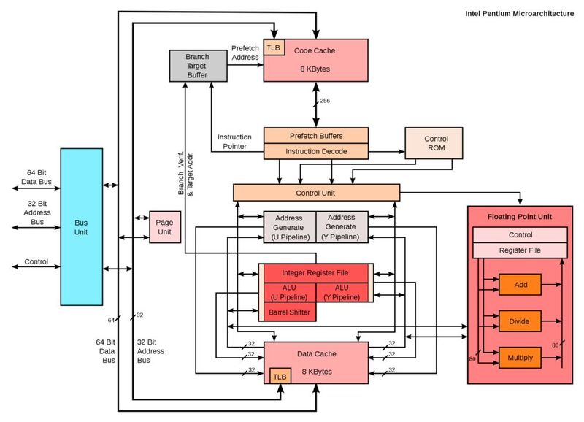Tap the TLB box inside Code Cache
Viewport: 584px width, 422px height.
pyautogui.click(x=274, y=47)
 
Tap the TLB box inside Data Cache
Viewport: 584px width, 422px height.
pyautogui.click(x=280, y=376)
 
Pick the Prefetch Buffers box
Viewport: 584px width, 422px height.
pyautogui.click(x=315, y=136)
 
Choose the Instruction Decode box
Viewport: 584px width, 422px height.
pyautogui.click(x=315, y=151)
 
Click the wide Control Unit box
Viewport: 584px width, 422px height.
pyautogui.click(x=316, y=193)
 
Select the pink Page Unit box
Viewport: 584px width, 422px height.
pyautogui.click(x=164, y=226)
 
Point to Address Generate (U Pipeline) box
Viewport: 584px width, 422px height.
pyautogui.click(x=289, y=227)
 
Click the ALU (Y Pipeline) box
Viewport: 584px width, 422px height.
pyautogui.click(x=342, y=293)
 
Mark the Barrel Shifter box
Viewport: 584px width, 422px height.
pyautogui.click(x=289, y=313)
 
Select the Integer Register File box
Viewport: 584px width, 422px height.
pyautogui.click(x=315, y=273)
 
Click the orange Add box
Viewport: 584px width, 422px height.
pyautogui.click(x=520, y=283)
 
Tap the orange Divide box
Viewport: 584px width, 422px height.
pyautogui.click(x=520, y=321)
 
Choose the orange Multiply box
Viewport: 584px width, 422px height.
pyautogui.click(x=520, y=358)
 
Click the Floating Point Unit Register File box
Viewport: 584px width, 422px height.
pyautogui.click(x=520, y=250)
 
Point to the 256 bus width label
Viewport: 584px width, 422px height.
pyautogui.click(x=325, y=101)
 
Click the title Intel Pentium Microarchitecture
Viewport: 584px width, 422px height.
pyautogui.click(x=519, y=14)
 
